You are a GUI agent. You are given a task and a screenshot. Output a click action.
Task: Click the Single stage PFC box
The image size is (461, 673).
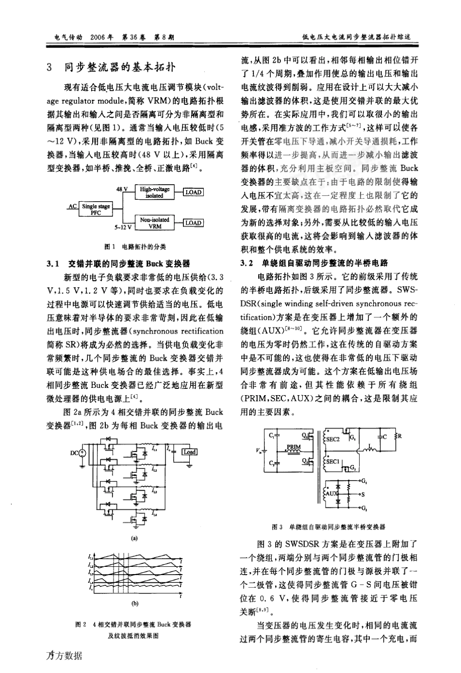[96, 209]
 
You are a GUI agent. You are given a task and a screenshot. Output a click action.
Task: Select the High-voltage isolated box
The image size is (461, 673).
[155, 192]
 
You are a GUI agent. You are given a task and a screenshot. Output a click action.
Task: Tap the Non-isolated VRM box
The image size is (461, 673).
[155, 223]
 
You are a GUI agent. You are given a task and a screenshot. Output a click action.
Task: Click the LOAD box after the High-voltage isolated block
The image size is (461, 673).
[193, 192]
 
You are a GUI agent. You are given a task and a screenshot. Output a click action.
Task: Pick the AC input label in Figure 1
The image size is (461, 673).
[72, 206]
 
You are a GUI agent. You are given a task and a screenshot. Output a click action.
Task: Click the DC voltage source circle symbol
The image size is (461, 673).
[82, 453]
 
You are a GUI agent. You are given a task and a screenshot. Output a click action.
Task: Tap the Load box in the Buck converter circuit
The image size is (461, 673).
[189, 452]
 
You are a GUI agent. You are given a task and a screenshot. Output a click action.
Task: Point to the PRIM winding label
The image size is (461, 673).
[294, 447]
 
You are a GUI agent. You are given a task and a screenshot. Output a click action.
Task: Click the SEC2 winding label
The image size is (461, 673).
[333, 438]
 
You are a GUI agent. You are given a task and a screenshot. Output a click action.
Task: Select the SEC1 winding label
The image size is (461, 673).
[332, 462]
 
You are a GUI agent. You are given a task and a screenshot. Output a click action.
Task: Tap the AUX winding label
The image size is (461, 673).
[332, 493]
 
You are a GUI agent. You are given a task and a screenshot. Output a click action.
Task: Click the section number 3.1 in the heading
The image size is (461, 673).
[52, 264]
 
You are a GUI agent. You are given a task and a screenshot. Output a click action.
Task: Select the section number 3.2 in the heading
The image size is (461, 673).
[247, 264]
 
